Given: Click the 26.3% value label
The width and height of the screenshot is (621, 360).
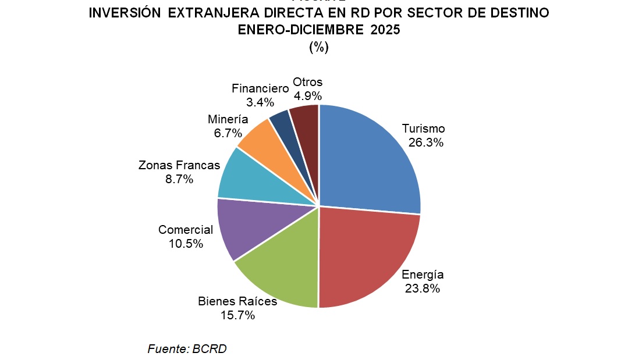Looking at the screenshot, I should pyautogui.click(x=425, y=142).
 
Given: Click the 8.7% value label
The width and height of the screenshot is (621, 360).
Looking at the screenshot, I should pyautogui.click(x=179, y=179).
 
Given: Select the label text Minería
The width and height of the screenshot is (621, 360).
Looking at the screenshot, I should pyautogui.click(x=228, y=120).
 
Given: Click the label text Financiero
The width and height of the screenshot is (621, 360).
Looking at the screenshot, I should pyautogui.click(x=260, y=89).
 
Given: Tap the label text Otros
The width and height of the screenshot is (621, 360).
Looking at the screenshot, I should pyautogui.click(x=308, y=82).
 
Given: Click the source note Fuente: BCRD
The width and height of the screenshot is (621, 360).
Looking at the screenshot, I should pyautogui.click(x=187, y=349).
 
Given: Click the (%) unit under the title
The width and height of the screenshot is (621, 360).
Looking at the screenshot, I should pyautogui.click(x=318, y=48).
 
